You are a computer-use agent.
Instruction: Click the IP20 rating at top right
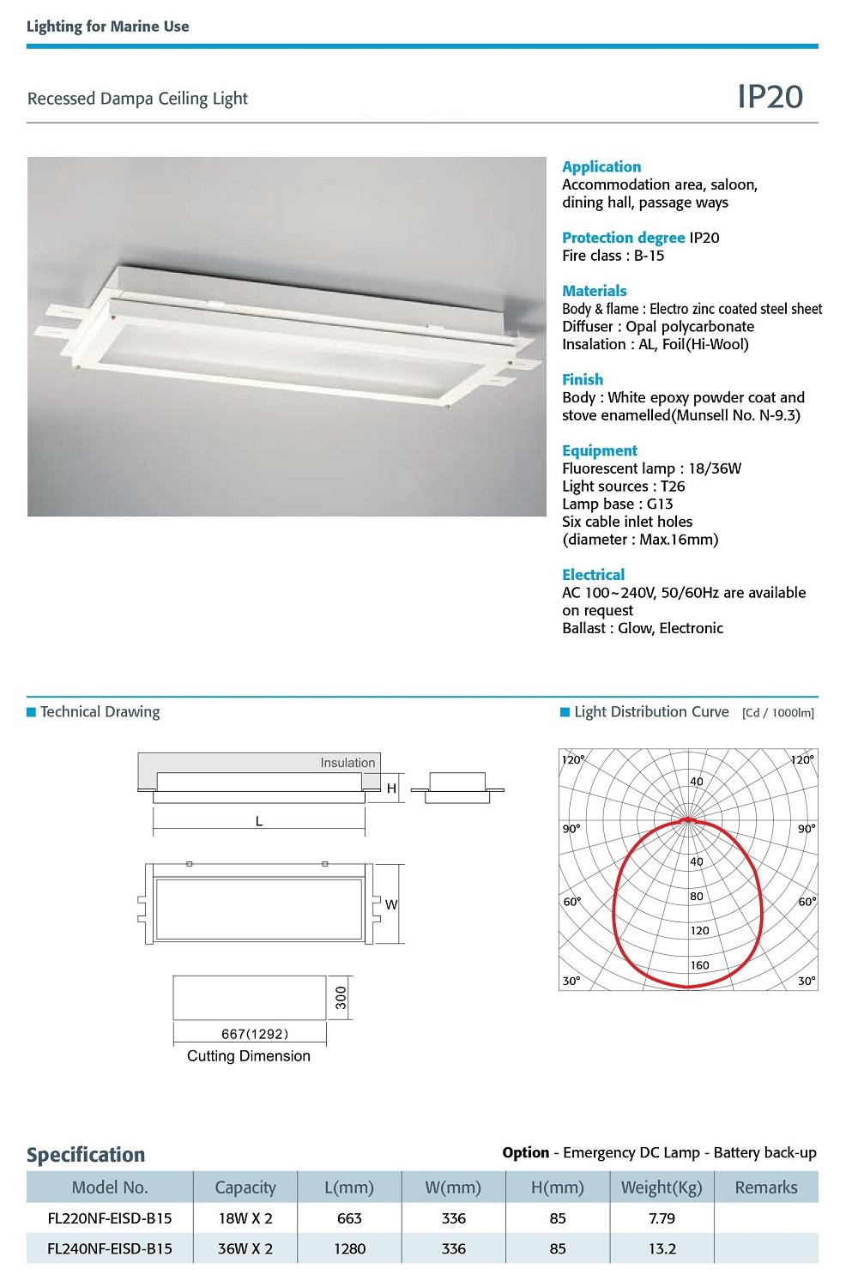tap(770, 97)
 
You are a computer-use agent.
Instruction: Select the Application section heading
tap(601, 166)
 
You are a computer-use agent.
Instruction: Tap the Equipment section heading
tap(600, 450)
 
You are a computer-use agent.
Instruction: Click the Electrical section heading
tap(593, 575)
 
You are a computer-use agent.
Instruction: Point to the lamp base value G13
tap(660, 505)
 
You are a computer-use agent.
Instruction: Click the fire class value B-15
tap(649, 256)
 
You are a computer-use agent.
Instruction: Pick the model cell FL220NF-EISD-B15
tap(110, 1218)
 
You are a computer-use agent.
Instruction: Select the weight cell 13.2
tap(662, 1249)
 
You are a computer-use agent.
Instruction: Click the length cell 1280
tap(349, 1249)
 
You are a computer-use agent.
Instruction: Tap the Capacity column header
tap(245, 1187)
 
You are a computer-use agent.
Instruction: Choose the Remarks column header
tap(766, 1187)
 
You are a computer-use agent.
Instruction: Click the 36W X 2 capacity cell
tap(245, 1249)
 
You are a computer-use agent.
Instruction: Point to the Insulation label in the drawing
tap(347, 763)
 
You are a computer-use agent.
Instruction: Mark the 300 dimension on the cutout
tap(341, 998)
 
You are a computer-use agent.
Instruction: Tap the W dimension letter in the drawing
tap(391, 904)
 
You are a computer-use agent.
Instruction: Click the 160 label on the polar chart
tap(699, 965)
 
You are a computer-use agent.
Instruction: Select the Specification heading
tap(86, 1155)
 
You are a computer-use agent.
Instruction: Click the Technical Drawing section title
tap(100, 712)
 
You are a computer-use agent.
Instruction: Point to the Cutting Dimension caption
tap(249, 1056)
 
